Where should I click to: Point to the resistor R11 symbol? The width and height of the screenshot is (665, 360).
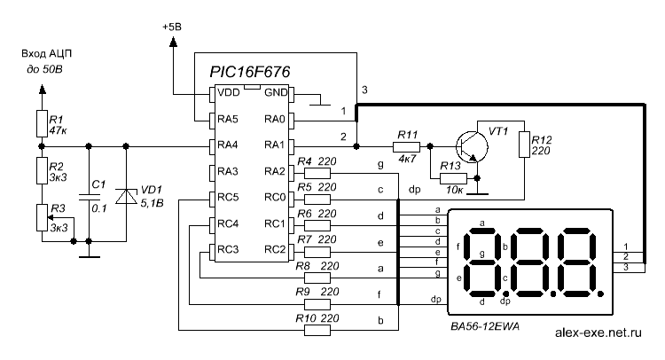point(407,145)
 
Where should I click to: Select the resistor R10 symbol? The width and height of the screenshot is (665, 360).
point(317,331)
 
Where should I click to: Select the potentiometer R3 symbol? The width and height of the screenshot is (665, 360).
point(41,218)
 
